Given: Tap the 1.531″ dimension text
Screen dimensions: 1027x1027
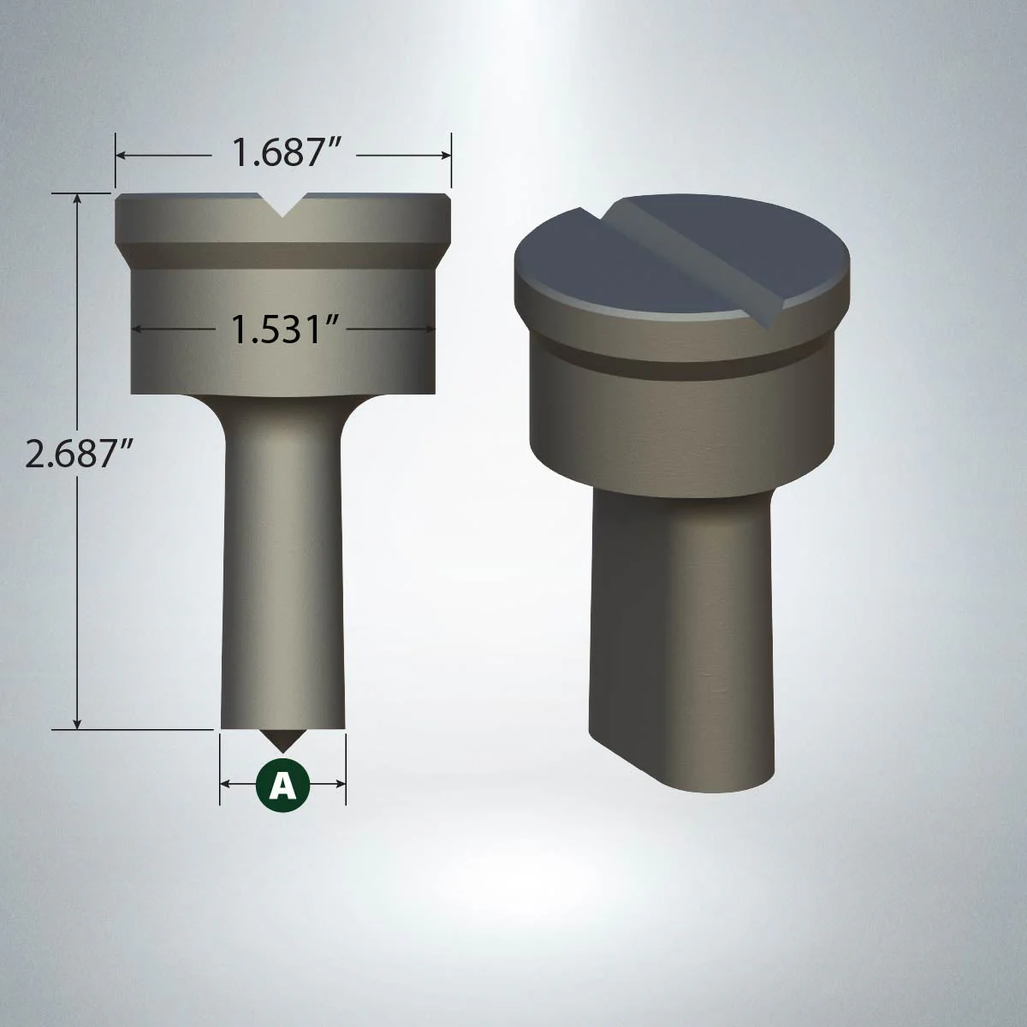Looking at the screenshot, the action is [x=277, y=329].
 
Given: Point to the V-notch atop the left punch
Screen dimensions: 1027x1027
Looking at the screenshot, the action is [x=282, y=206].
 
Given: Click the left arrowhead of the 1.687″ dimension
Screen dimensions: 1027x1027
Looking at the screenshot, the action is [x=121, y=155].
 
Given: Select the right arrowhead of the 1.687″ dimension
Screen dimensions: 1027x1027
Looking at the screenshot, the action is [x=447, y=155].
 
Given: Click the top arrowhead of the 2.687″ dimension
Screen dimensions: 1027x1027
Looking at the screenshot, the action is [x=77, y=198].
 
